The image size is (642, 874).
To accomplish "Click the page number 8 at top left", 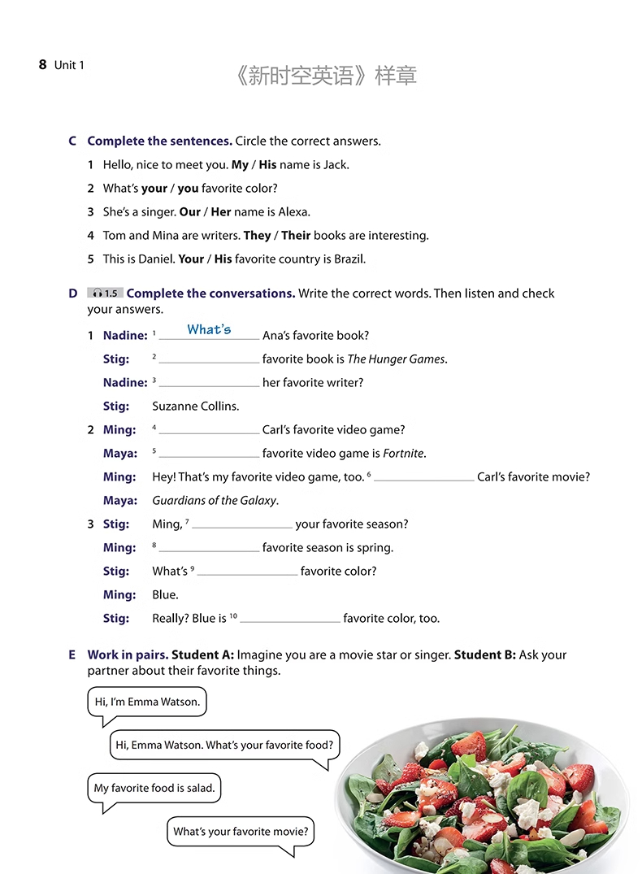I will coord(42,65).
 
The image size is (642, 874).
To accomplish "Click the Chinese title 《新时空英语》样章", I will coord(324,76).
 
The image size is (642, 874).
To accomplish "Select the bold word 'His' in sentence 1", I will coord(267,165).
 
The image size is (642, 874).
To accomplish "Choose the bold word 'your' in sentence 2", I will coord(154,189).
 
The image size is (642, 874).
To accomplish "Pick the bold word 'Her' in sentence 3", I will coord(221,212).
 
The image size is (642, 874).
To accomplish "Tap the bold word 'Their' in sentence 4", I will coord(296,236).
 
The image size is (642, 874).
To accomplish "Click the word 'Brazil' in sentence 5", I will coord(347,259).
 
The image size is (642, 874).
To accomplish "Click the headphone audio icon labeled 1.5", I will coord(105,294).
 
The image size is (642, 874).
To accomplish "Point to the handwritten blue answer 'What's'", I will coord(209,330).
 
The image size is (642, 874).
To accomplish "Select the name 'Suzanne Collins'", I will coord(196,407).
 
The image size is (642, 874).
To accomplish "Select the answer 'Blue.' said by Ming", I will coord(165,595).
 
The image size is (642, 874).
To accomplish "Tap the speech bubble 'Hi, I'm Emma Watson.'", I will coord(147,702).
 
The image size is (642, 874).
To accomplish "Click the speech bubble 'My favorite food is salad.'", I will coord(154,788).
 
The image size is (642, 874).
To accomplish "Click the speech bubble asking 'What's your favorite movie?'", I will coord(241,832).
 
